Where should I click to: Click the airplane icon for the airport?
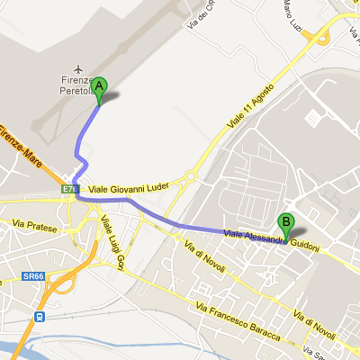(80, 69)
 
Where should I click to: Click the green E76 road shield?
(70, 190)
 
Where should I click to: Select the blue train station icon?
(40, 317)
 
